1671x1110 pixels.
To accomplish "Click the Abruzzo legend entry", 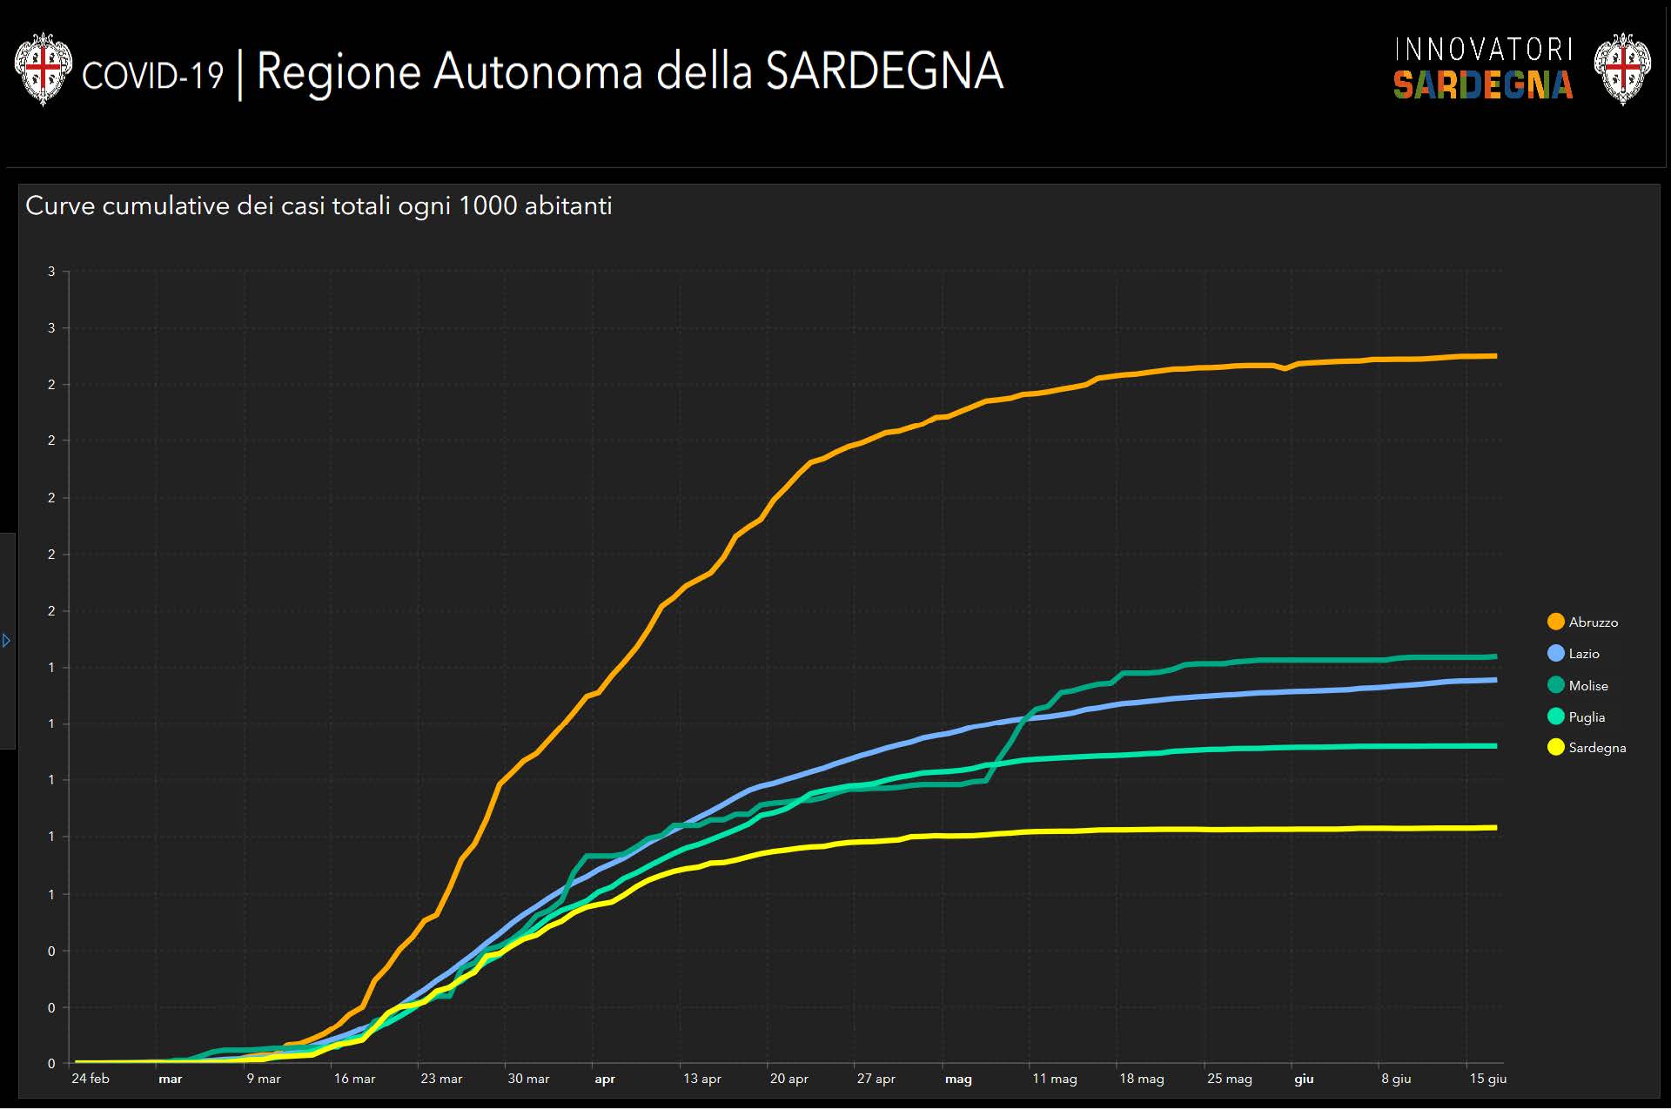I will (x=1583, y=622).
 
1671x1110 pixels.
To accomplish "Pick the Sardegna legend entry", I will (x=1587, y=748).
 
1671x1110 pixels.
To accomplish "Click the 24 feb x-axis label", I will (x=91, y=1079).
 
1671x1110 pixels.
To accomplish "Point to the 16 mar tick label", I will (x=354, y=1079).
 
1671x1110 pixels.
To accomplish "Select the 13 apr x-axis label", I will (x=702, y=1079).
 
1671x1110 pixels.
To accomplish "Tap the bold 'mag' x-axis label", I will (x=958, y=1080).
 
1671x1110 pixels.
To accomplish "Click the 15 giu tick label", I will (x=1487, y=1079).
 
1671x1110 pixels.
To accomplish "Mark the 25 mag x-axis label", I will (x=1229, y=1079).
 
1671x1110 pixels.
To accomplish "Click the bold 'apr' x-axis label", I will (x=605, y=1080).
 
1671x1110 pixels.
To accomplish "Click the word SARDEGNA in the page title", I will (x=884, y=71).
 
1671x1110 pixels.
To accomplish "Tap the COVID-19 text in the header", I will (x=152, y=76).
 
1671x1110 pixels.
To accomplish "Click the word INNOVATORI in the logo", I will (x=1483, y=50).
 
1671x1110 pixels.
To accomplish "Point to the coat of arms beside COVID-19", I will (x=43, y=69).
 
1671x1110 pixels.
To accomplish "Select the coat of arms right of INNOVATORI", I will (x=1622, y=69).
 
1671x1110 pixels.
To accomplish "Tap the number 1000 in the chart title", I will (x=487, y=206).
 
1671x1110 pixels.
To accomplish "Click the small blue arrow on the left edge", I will (x=6, y=641).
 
